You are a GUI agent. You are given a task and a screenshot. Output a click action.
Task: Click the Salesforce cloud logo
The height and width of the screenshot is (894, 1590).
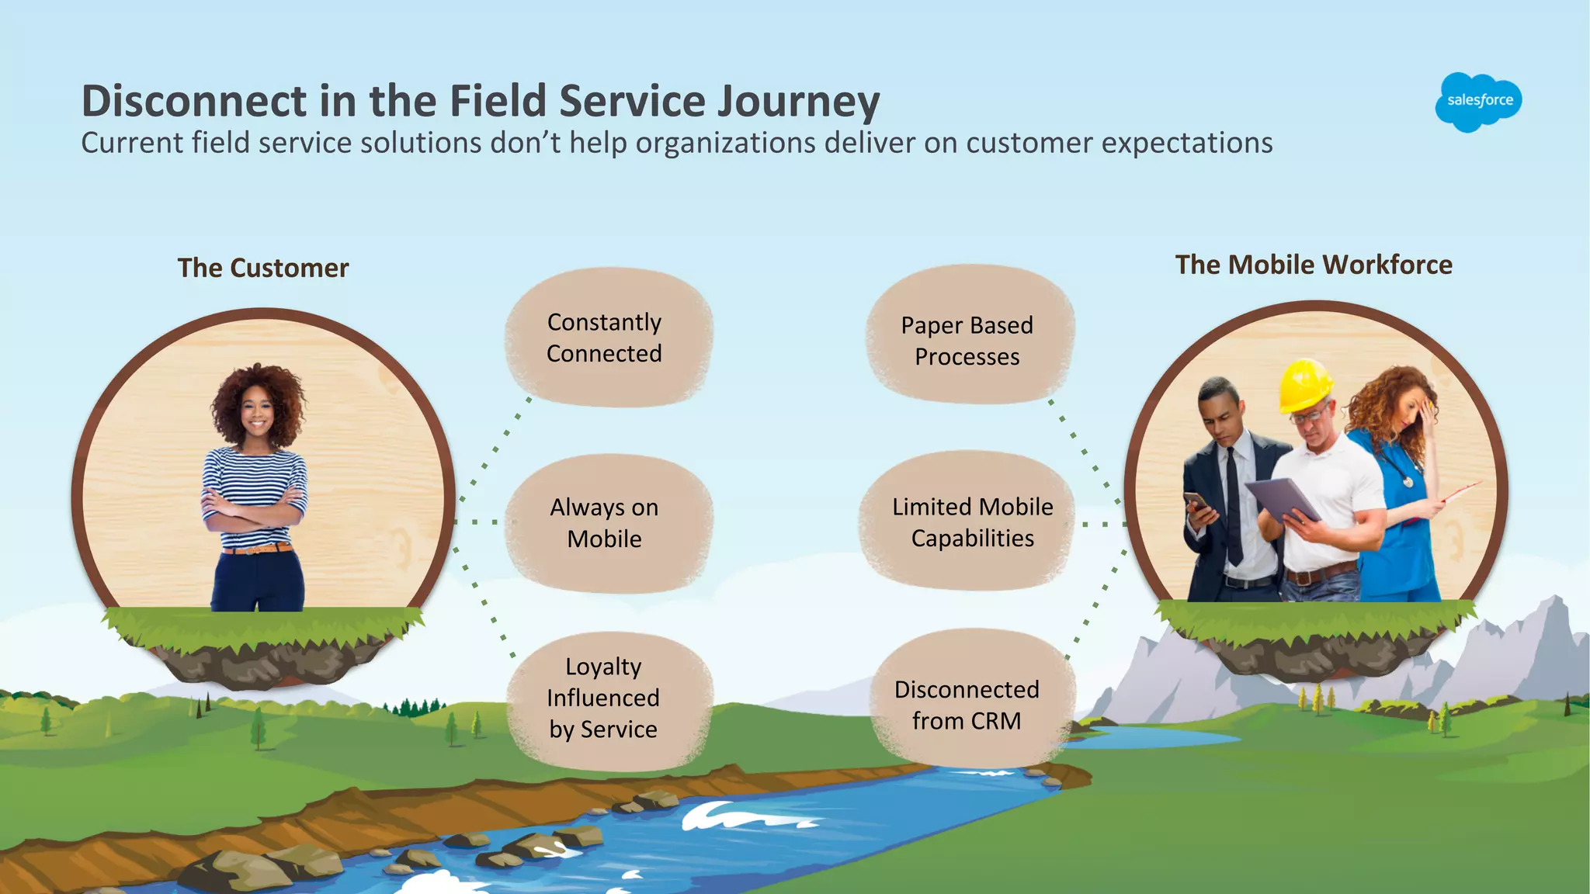click(x=1478, y=101)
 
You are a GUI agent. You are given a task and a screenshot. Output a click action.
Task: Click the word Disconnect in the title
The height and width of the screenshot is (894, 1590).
click(x=194, y=101)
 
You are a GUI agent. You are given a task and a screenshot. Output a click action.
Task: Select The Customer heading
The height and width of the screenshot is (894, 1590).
click(x=263, y=268)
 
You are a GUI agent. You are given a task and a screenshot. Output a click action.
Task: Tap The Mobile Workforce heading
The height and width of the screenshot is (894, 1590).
click(x=1313, y=265)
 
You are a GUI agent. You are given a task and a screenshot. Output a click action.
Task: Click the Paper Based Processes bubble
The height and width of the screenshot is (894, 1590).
click(x=968, y=340)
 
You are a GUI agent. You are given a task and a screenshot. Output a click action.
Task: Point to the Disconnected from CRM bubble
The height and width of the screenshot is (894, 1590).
click(x=968, y=704)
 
